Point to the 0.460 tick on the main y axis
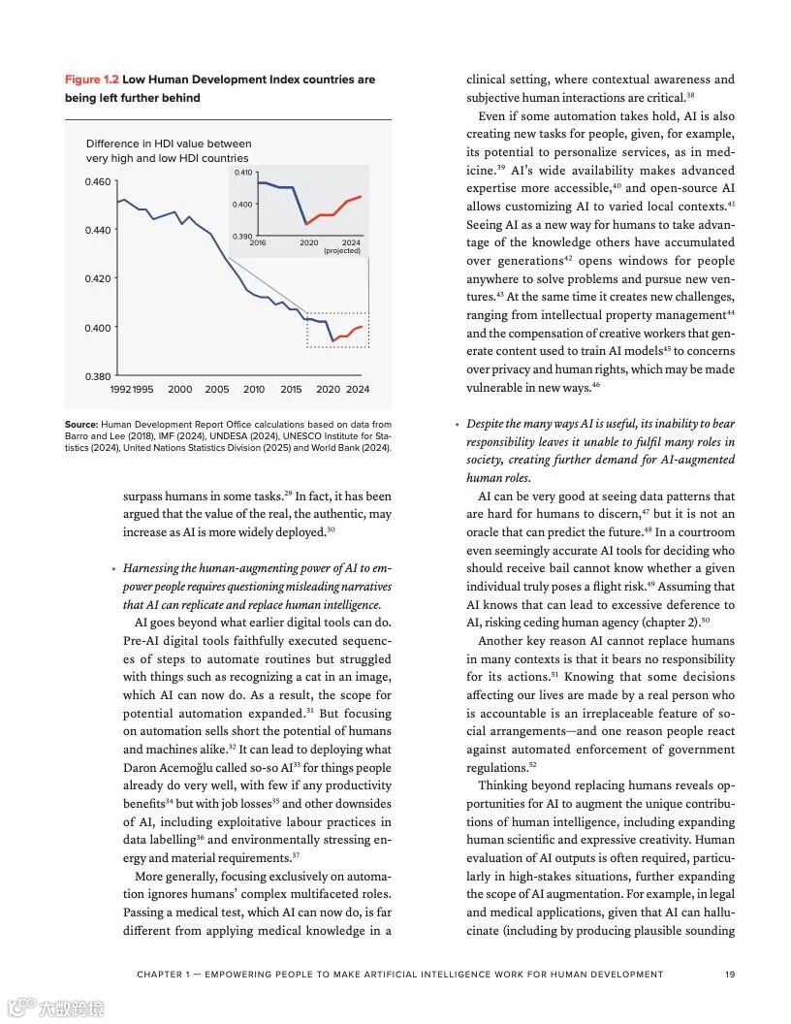click(x=99, y=182)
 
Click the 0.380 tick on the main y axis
click(x=99, y=376)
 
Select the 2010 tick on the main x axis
click(x=254, y=390)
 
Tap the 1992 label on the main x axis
click(x=120, y=390)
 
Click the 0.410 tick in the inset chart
click(x=242, y=173)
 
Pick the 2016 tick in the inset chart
click(x=258, y=242)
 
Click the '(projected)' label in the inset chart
click(x=341, y=250)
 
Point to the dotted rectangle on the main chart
click(x=337, y=330)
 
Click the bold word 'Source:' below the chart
click(x=81, y=425)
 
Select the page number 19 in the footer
click(x=731, y=975)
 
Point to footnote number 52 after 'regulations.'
click(x=533, y=764)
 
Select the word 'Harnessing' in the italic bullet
click(x=155, y=568)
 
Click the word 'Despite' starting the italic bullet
click(x=488, y=424)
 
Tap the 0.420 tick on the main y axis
click(x=99, y=279)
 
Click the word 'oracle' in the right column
click(x=488, y=532)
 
